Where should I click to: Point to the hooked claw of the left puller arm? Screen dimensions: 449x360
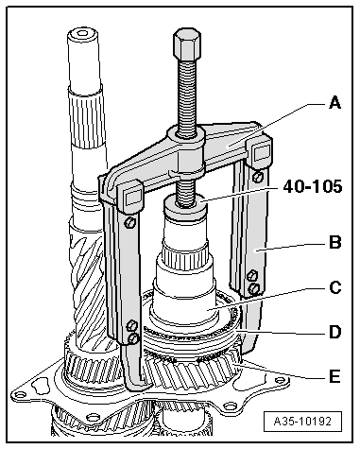[x=138, y=383]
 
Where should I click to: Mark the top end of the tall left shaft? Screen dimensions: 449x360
[x=82, y=38]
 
